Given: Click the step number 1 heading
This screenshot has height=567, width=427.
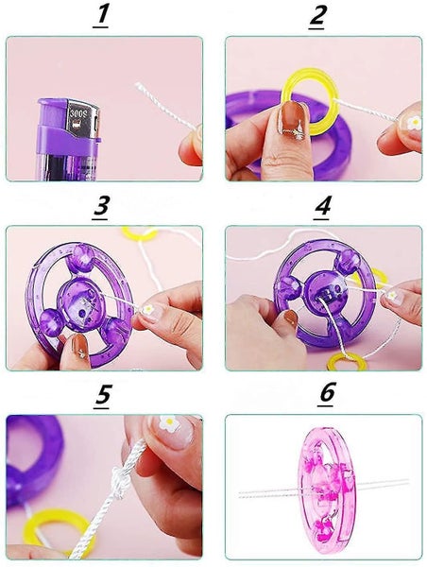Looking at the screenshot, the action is pos(101,17).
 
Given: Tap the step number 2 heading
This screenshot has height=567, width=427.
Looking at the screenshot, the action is pos(317,17).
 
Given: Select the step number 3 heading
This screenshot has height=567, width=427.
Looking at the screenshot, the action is pos(101,207).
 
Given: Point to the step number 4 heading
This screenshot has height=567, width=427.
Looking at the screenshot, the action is pos(322,207).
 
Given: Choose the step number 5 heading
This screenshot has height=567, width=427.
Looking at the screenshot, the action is pos(103,396).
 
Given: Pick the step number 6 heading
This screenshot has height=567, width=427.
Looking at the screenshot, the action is pos(327,394).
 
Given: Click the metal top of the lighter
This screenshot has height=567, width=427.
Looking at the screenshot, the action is pos(82,119).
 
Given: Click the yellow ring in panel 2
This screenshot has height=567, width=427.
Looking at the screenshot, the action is pos(306,102).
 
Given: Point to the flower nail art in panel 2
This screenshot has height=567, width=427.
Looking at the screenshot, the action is pos(415,123).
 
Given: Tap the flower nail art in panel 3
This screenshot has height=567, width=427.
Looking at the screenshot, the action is pos(148,310).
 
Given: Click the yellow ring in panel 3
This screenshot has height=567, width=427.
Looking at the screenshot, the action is pos(140,234).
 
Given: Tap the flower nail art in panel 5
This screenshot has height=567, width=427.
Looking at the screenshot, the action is pos(169,422).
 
